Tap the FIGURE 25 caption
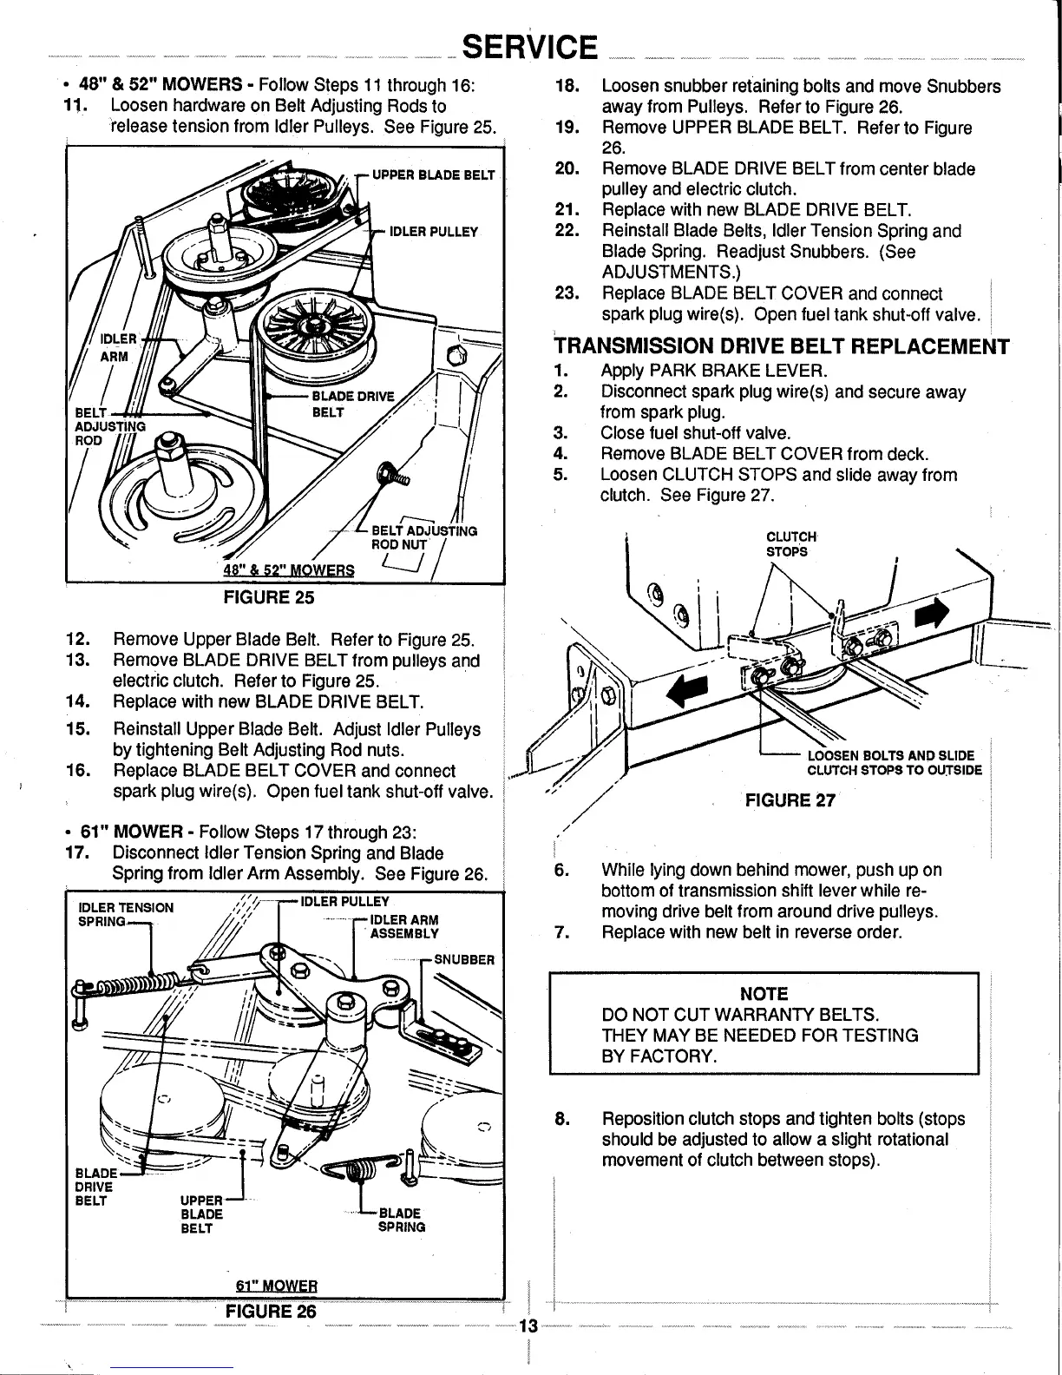click(x=268, y=597)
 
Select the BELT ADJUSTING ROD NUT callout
click(x=423, y=537)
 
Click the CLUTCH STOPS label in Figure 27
click(x=787, y=544)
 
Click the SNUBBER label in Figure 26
click(x=464, y=960)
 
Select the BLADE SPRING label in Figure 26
click(x=401, y=1220)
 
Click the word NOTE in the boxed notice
click(x=764, y=994)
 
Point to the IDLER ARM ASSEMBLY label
click(x=404, y=926)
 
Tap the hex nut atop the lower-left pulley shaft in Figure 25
click(x=165, y=451)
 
